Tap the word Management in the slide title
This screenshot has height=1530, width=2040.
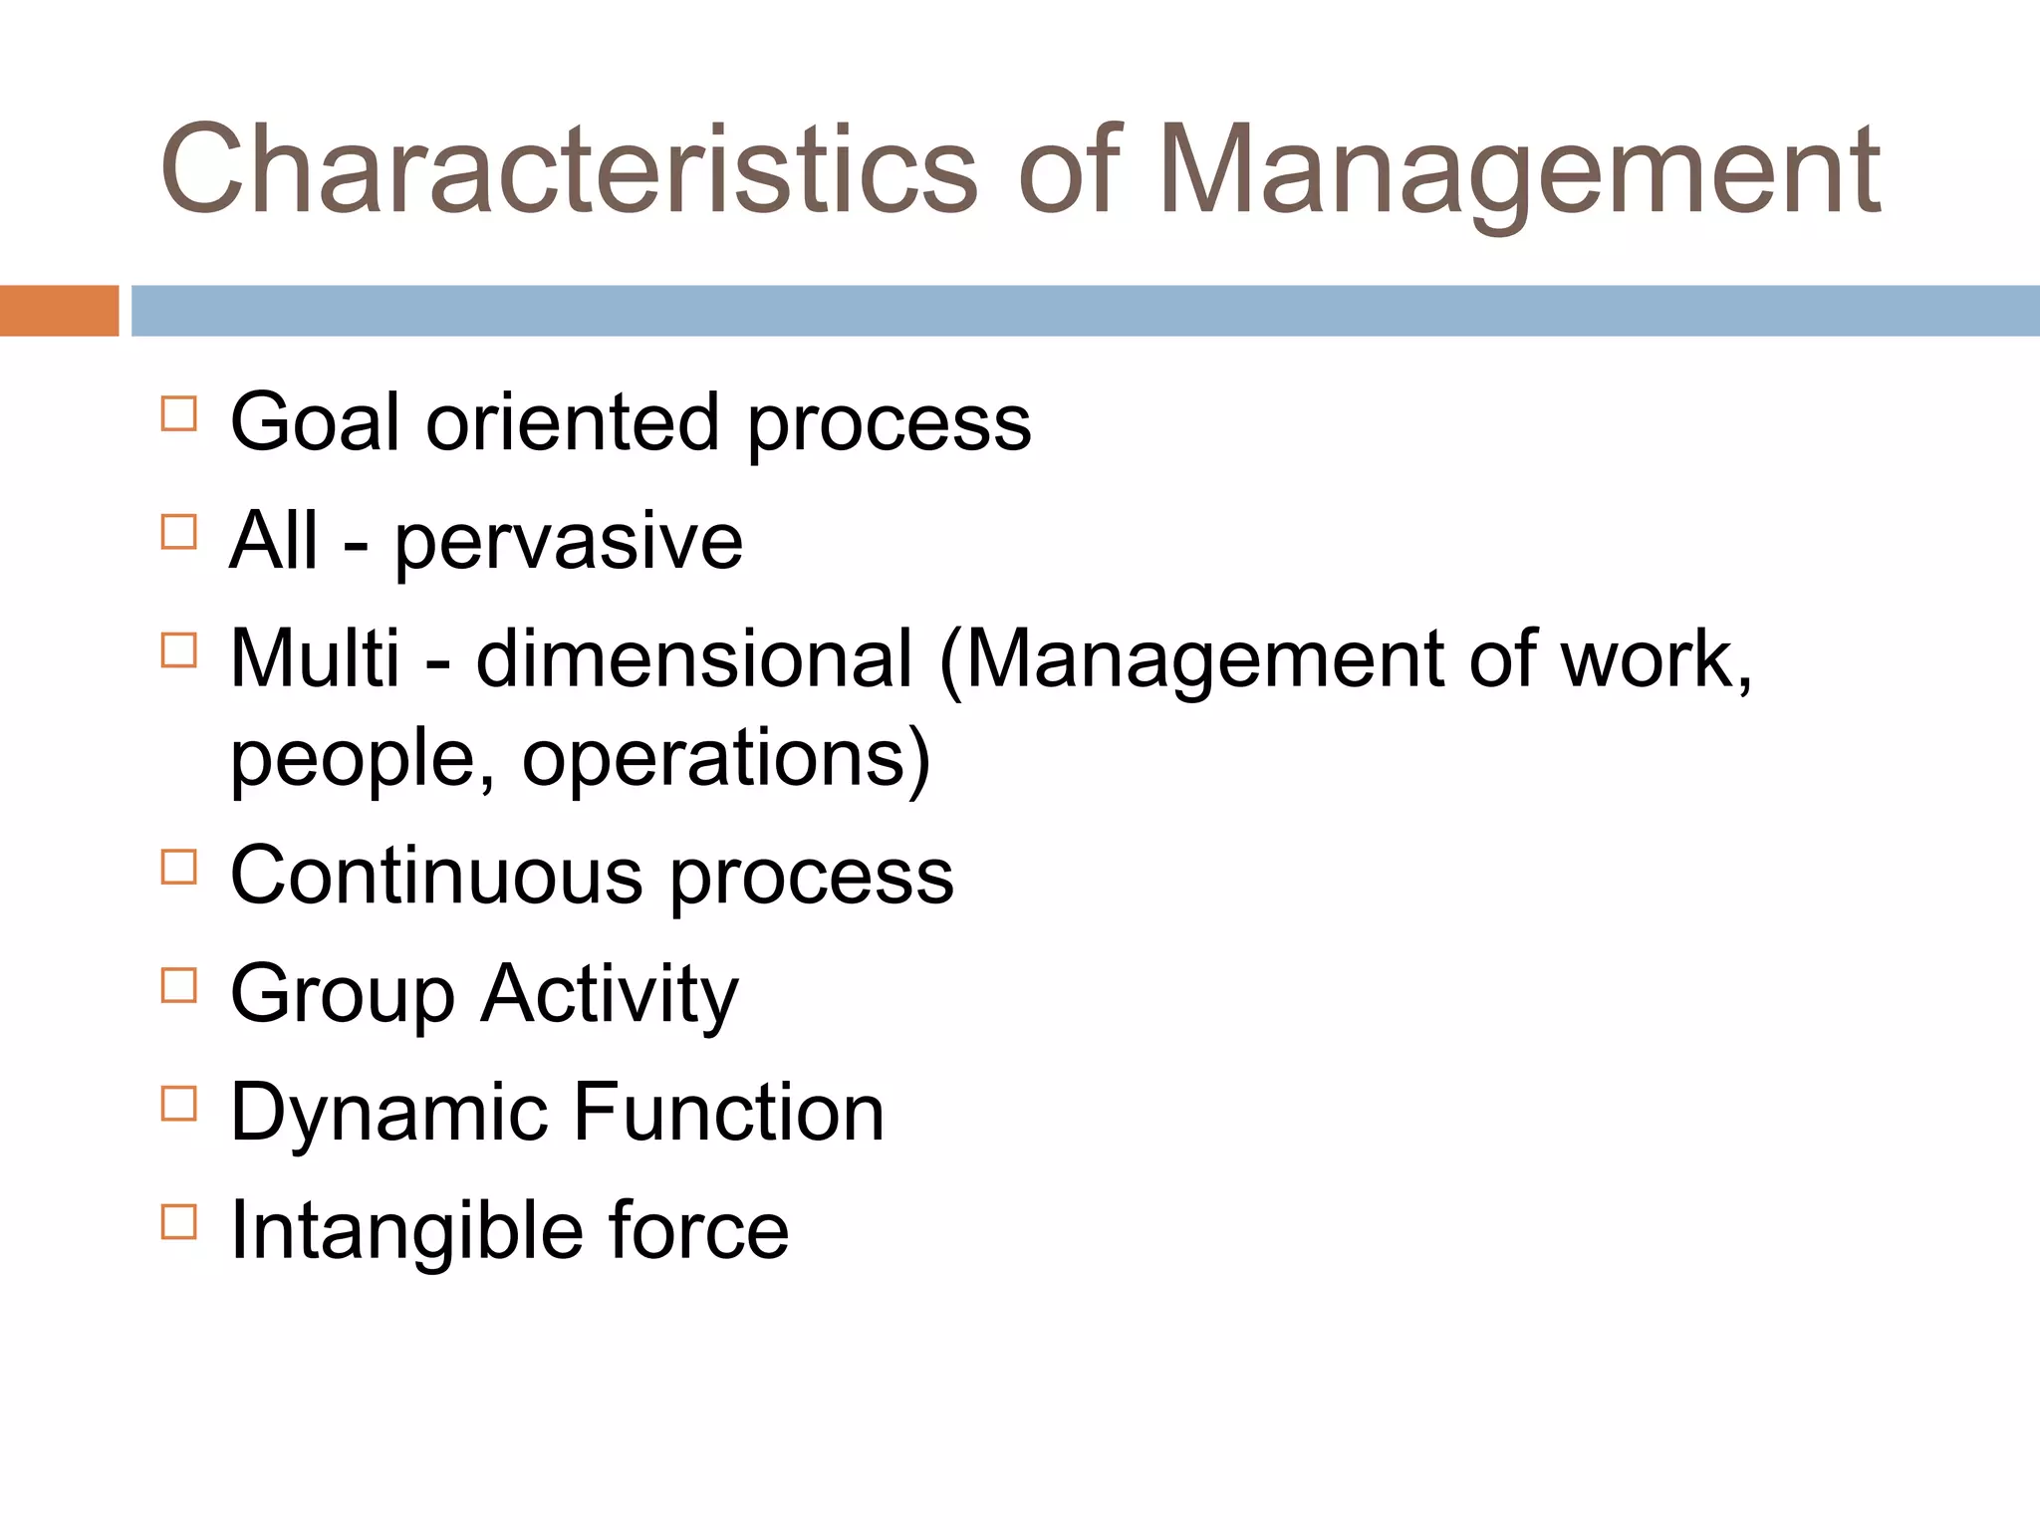pyautogui.click(x=1518, y=169)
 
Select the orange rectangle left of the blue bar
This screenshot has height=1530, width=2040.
pyautogui.click(x=59, y=311)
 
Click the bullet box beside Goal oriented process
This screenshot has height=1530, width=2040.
pyautogui.click(x=178, y=413)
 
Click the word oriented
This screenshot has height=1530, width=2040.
pyautogui.click(x=573, y=422)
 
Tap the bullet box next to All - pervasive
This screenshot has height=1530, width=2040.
pyautogui.click(x=178, y=532)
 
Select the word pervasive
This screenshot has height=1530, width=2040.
pyautogui.click(x=569, y=543)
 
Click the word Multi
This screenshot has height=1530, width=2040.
pyautogui.click(x=315, y=658)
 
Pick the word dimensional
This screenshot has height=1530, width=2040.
pyautogui.click(x=694, y=658)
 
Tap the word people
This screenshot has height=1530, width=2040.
pyautogui.click(x=362, y=759)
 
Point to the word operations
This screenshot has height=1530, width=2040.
pyautogui.click(x=714, y=759)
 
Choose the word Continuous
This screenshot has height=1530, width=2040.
pyautogui.click(x=436, y=877)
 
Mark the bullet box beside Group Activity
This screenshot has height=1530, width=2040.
pyautogui.click(x=178, y=985)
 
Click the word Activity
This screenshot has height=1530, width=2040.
pyautogui.click(x=610, y=994)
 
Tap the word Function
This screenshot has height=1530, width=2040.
pyautogui.click(x=729, y=1113)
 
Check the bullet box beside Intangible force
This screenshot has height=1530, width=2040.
pyautogui.click(x=178, y=1221)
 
